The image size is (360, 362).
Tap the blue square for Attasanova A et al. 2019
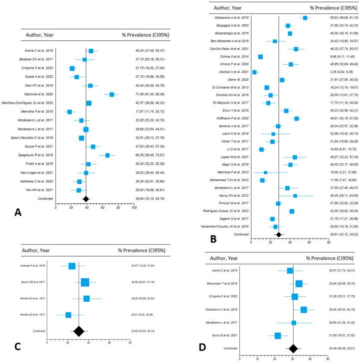click(x=305, y=18)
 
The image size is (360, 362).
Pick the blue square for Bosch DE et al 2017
click(x=85, y=282)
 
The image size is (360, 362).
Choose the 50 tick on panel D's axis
click(x=327, y=358)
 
